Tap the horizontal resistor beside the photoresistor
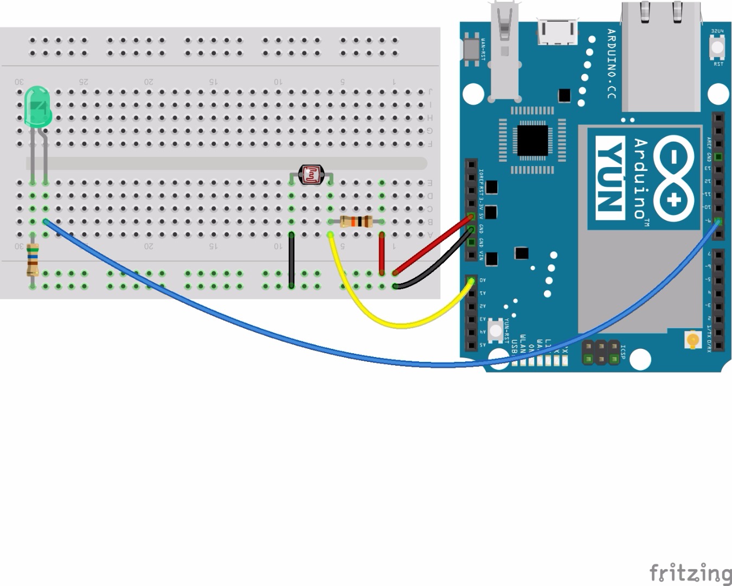(356, 221)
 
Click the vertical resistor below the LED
(33, 260)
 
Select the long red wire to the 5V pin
(434, 244)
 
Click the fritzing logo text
(690, 572)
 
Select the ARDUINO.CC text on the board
(611, 63)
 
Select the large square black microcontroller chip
(532, 141)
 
